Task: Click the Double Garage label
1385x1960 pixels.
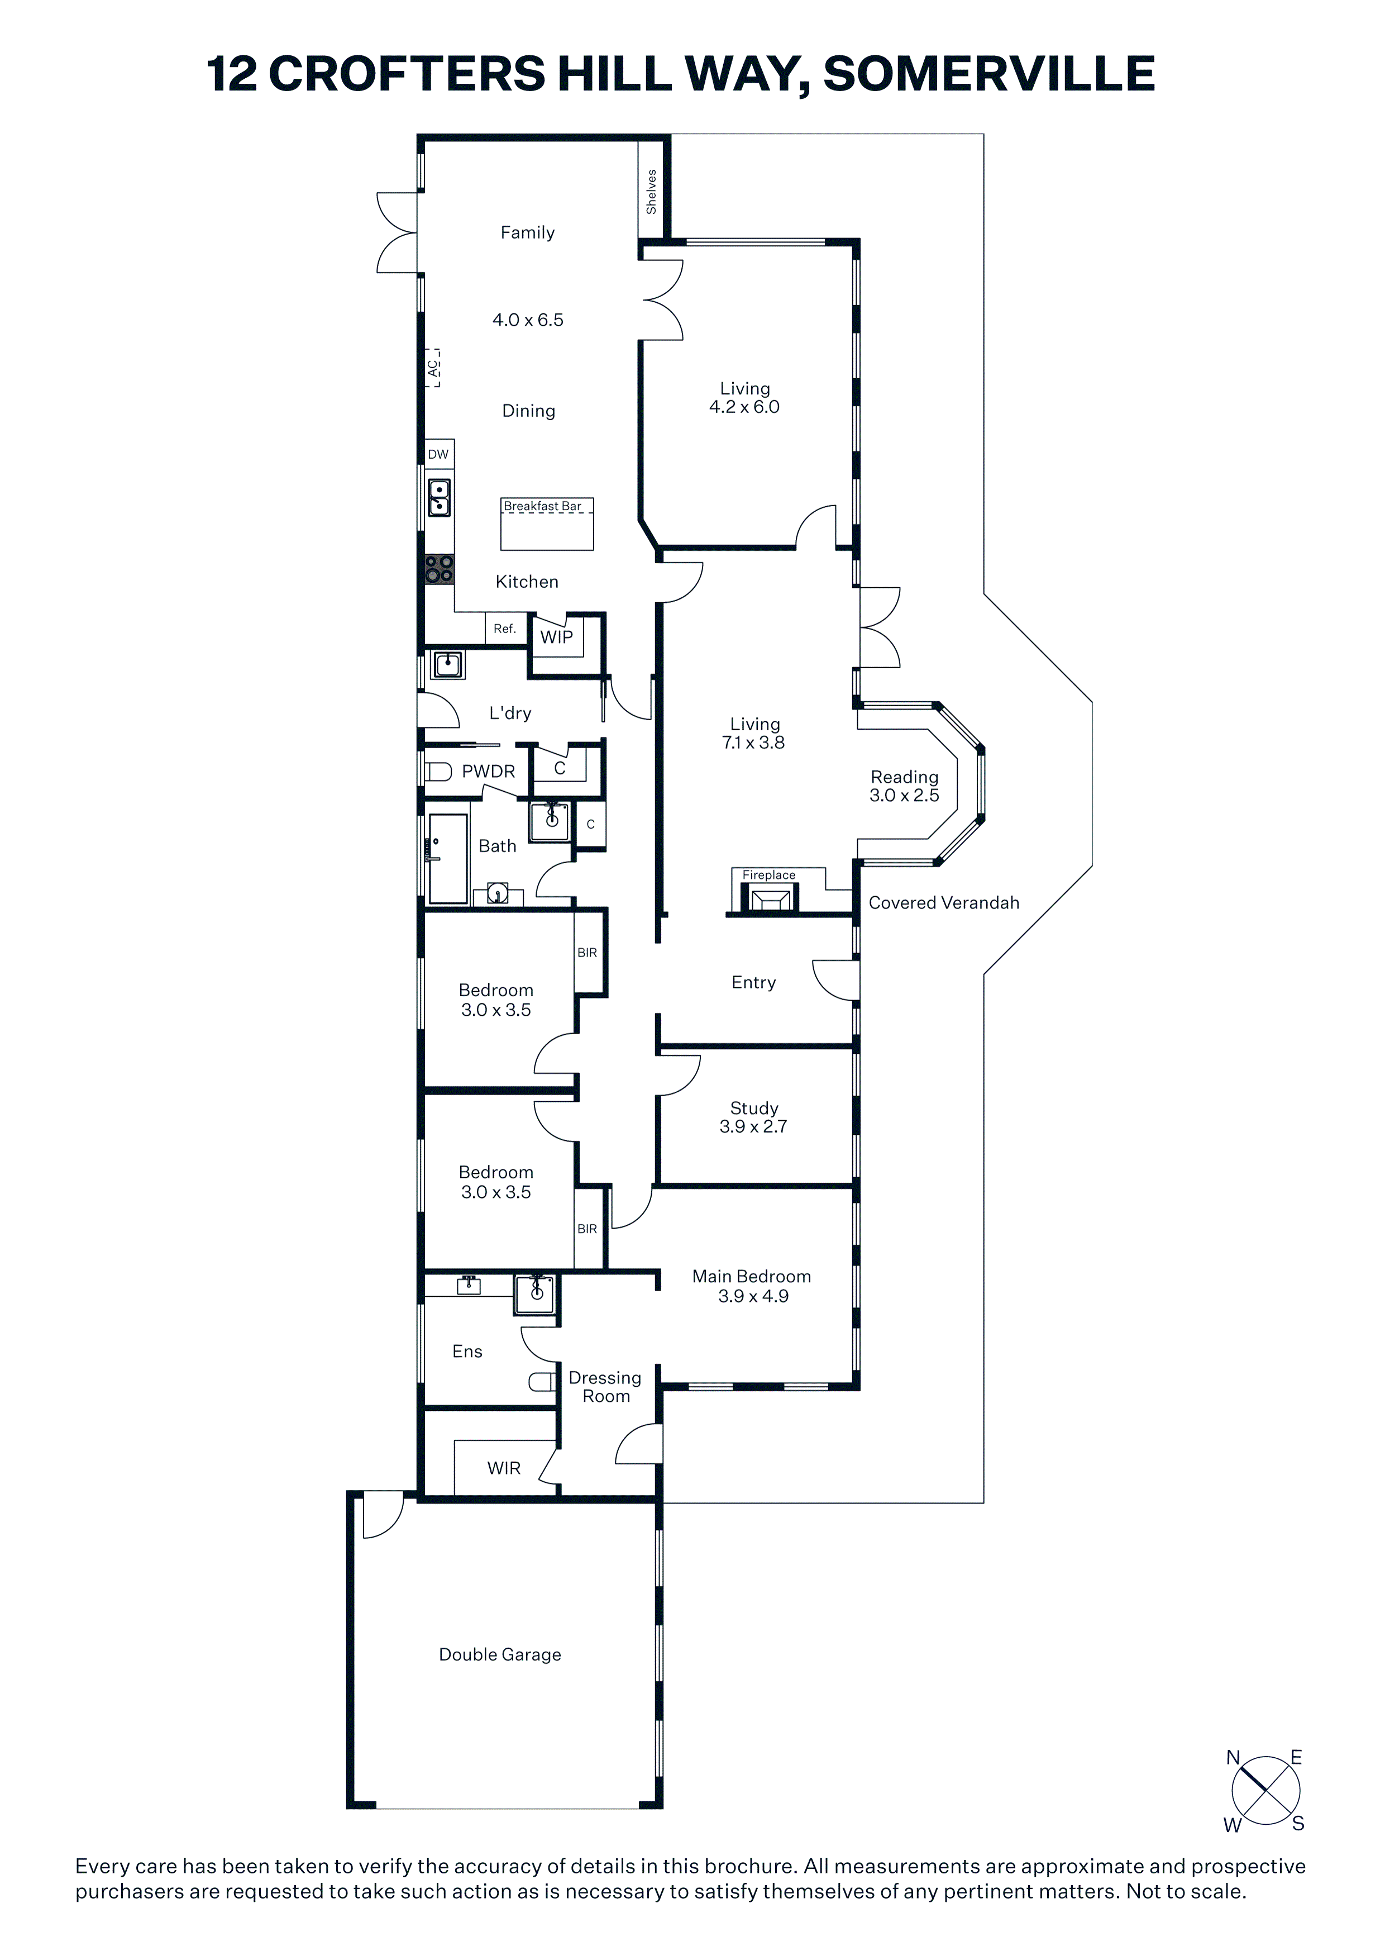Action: coord(500,1654)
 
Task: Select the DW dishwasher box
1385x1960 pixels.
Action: coord(438,454)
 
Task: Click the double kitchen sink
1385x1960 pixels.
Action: coord(438,498)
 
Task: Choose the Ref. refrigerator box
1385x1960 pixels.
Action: coord(504,629)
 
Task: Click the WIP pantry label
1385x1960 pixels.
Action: coord(556,637)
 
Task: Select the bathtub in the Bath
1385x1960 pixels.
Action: coord(448,859)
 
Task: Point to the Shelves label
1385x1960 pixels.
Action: coord(652,191)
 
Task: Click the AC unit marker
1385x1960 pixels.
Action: coord(433,368)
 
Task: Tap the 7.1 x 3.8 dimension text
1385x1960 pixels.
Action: coord(753,743)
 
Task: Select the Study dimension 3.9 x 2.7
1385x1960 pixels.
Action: coord(753,1127)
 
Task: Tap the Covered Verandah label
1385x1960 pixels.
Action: coord(944,903)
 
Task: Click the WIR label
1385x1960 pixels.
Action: coord(504,1468)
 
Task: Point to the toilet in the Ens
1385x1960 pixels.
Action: coord(542,1381)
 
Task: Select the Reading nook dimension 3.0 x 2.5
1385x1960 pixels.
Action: coord(905,796)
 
